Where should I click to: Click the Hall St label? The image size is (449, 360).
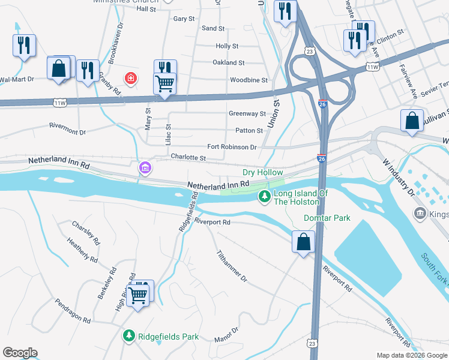pyautogui.click(x=146, y=9)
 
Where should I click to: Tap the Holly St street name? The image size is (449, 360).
pyautogui.click(x=227, y=46)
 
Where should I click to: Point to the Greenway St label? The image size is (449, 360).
pyautogui.click(x=247, y=113)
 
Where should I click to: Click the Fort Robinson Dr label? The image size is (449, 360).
pyautogui.click(x=232, y=147)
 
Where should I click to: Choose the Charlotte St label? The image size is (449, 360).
pyautogui.click(x=188, y=158)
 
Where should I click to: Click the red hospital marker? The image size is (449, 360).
pyautogui.click(x=129, y=78)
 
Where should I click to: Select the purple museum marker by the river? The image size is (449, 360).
pyautogui.click(x=144, y=167)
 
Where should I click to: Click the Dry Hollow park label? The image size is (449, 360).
pyautogui.click(x=262, y=172)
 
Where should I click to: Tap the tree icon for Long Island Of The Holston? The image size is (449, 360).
pyautogui.click(x=264, y=197)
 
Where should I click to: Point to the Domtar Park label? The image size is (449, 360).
pyautogui.click(x=327, y=218)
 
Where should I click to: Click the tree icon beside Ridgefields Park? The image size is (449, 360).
pyautogui.click(x=128, y=337)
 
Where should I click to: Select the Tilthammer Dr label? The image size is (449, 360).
pyautogui.click(x=232, y=266)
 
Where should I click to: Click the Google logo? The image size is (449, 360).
pyautogui.click(x=20, y=353)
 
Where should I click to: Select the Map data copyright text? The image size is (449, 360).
pyautogui.click(x=412, y=355)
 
